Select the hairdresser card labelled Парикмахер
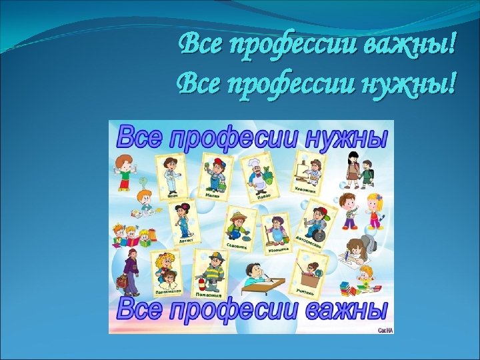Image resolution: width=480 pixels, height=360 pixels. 166,274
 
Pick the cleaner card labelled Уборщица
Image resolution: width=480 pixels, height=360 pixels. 275,233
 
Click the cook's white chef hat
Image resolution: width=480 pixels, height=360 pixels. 255,163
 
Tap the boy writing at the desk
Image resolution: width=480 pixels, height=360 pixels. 253,275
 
